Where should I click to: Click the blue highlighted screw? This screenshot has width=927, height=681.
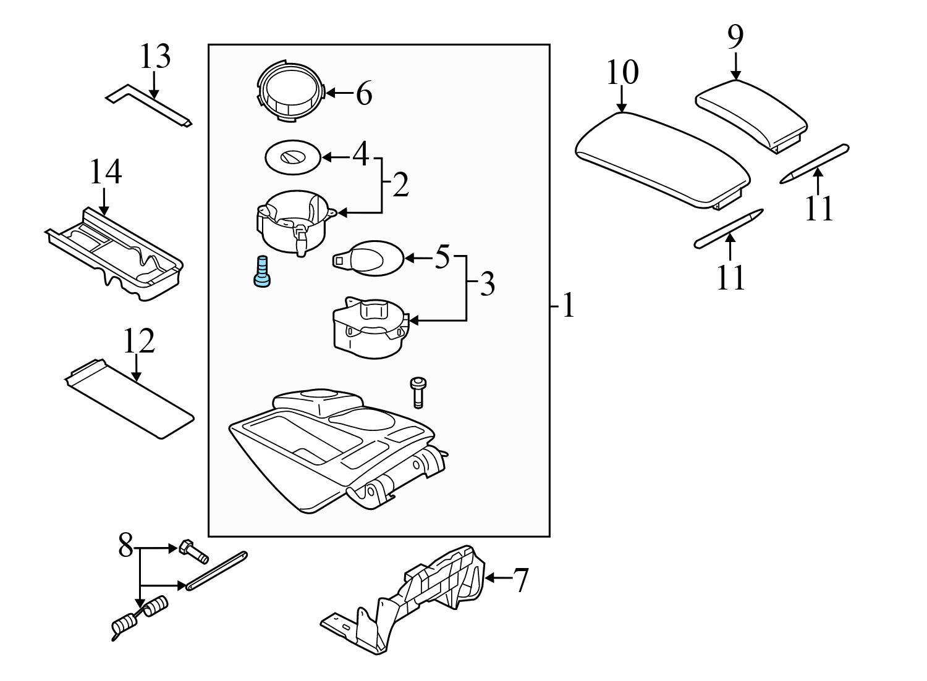point(262,271)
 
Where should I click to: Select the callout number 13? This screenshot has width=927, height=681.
point(154,57)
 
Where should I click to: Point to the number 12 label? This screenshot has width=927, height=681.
point(138,341)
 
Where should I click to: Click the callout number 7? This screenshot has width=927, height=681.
point(521,580)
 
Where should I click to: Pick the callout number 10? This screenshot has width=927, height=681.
point(622,73)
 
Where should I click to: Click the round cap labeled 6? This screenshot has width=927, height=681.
point(289,93)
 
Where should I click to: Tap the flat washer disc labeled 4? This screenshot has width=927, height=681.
point(292,157)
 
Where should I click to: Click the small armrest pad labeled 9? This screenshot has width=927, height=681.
point(751,113)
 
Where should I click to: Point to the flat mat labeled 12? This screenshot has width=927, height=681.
point(130,399)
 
